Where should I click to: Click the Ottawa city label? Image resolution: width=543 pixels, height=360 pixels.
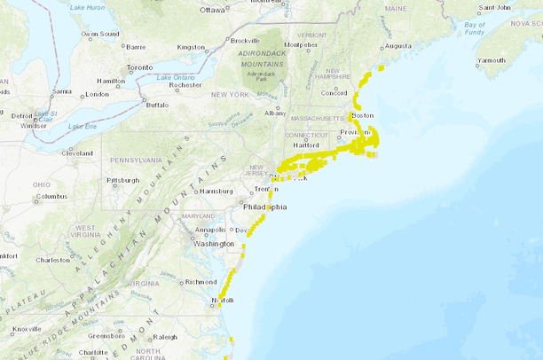[x=213, y=11]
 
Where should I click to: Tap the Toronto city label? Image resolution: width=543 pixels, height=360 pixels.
[x=139, y=67]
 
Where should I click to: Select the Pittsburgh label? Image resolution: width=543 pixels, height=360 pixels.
[x=122, y=180]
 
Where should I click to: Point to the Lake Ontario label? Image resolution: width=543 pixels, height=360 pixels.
[x=175, y=77]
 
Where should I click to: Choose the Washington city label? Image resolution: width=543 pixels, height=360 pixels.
[x=214, y=243]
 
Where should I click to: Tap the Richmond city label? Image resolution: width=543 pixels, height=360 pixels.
[x=201, y=282]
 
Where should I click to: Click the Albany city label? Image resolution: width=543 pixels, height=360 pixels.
[x=275, y=113]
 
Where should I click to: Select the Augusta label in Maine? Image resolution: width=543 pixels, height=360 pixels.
[x=396, y=45]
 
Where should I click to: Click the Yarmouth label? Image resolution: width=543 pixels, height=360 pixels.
[x=491, y=61]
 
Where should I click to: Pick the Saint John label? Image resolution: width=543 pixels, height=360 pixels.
[x=493, y=8]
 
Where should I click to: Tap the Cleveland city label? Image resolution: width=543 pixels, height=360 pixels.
[x=77, y=153]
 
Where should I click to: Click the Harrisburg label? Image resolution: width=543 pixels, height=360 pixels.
[x=216, y=191]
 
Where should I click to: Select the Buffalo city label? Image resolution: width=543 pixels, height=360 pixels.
[x=157, y=105]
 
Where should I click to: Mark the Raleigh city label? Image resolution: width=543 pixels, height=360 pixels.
[x=166, y=337]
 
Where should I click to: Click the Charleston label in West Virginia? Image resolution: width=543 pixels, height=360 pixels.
[x=52, y=260]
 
